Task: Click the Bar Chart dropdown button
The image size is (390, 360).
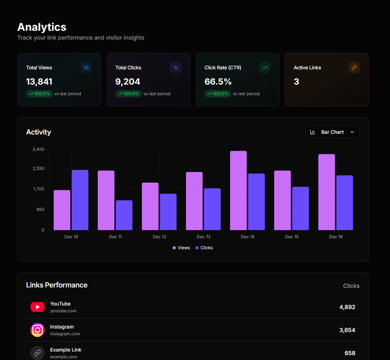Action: pyautogui.click(x=332, y=132)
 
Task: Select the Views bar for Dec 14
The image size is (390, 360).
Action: pyautogui.click(x=238, y=190)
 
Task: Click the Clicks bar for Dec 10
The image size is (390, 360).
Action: pyautogui.click(x=80, y=200)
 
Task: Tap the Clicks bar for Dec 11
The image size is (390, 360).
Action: pyautogui.click(x=124, y=215)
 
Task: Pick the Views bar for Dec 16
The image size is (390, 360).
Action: pyautogui.click(x=326, y=192)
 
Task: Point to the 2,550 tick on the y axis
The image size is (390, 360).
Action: pyautogui.click(x=38, y=168)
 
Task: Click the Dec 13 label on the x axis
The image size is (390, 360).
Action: pyautogui.click(x=203, y=237)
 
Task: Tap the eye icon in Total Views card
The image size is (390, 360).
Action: pyautogui.click(x=86, y=68)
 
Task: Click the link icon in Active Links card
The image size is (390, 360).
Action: pyautogui.click(x=354, y=68)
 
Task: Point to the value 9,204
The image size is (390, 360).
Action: pyautogui.click(x=128, y=82)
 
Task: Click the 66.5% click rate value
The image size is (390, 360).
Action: pyautogui.click(x=218, y=82)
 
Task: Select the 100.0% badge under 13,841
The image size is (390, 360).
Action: pyautogui.click(x=39, y=94)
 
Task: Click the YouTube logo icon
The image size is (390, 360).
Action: pyautogui.click(x=38, y=307)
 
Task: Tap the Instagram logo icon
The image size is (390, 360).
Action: pyautogui.click(x=38, y=330)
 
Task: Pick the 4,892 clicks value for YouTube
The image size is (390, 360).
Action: pyautogui.click(x=347, y=307)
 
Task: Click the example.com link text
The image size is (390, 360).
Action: pyautogui.click(x=63, y=357)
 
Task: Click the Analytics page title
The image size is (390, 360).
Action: pyautogui.click(x=42, y=27)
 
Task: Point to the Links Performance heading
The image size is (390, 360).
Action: pyautogui.click(x=56, y=285)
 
